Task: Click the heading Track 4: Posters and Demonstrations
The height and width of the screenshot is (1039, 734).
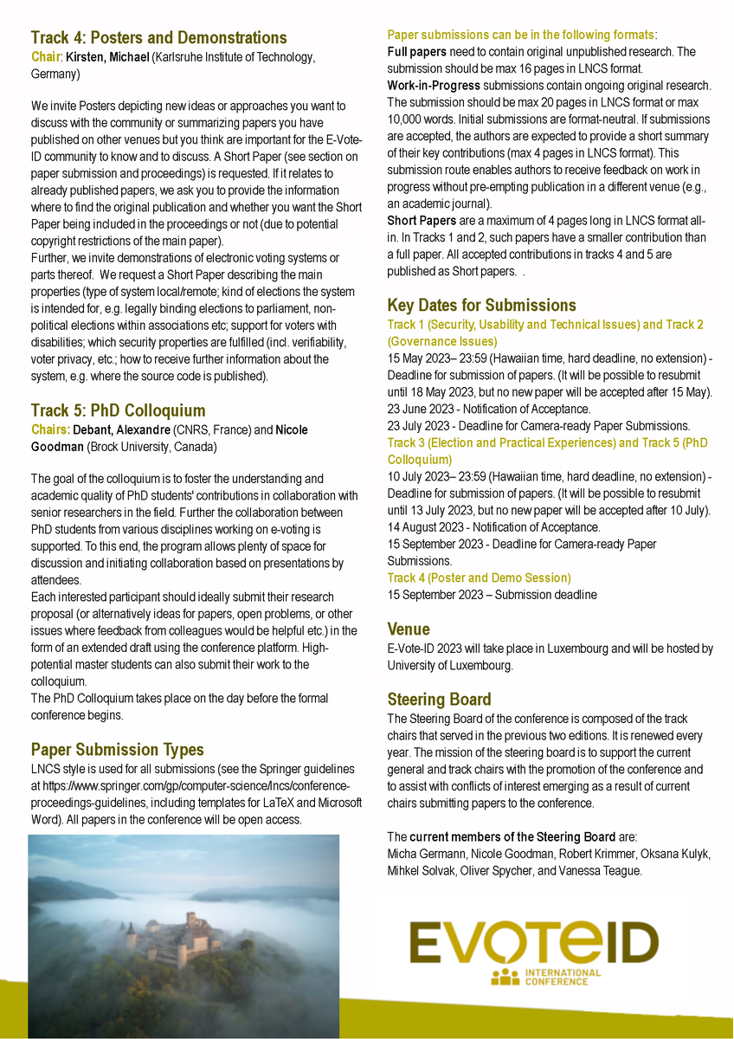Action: click(158, 38)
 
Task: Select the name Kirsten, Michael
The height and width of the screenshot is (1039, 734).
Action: click(108, 57)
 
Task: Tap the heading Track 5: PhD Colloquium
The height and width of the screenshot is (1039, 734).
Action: click(118, 410)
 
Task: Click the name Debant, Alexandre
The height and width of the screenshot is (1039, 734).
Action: click(121, 429)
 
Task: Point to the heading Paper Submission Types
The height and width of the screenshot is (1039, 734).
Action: click(117, 750)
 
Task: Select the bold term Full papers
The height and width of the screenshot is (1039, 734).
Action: click(415, 52)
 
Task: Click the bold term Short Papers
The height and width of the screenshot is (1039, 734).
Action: click(422, 221)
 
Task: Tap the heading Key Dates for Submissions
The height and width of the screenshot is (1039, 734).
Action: click(481, 306)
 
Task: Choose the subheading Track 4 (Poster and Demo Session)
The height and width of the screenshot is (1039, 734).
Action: click(479, 578)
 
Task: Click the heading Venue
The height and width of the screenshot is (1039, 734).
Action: click(409, 629)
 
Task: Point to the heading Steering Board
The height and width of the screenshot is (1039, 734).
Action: click(439, 700)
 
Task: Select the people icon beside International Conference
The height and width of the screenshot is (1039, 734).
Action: click(505, 978)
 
